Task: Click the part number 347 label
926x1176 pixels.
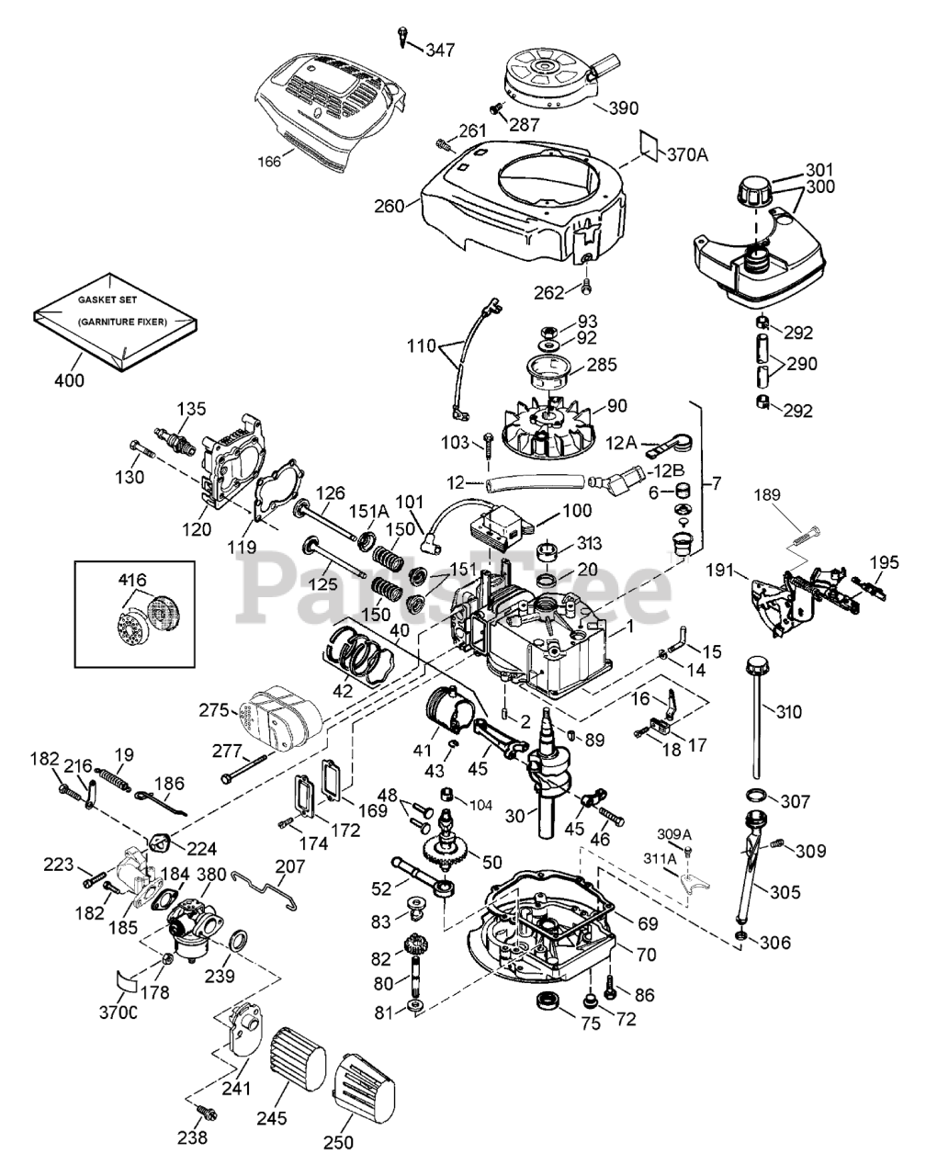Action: click(440, 51)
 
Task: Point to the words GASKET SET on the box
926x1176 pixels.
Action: click(107, 300)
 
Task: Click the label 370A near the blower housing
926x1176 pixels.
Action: click(687, 155)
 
